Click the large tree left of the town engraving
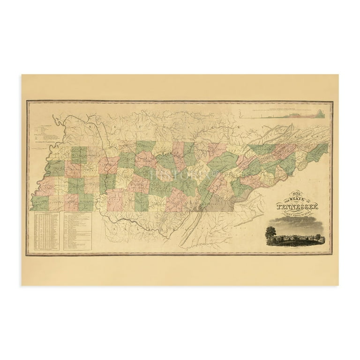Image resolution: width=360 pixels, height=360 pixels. (271, 232)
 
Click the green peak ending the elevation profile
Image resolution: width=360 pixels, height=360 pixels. (322, 113)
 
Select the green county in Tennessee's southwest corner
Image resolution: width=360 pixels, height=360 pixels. (40, 203)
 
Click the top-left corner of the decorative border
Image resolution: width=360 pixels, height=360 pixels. (27, 101)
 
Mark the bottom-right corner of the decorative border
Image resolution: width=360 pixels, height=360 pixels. (332, 255)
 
